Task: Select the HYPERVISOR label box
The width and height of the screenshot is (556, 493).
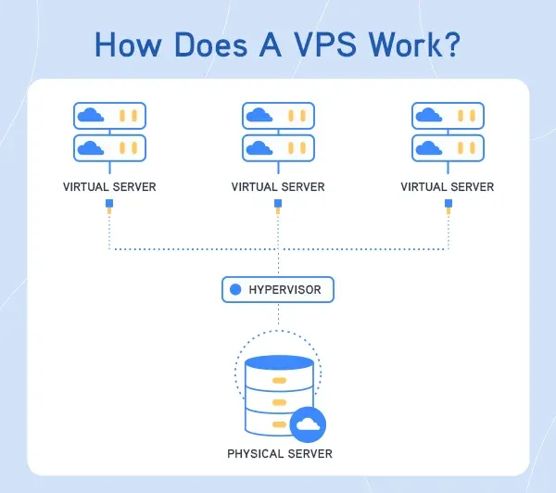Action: tap(277, 290)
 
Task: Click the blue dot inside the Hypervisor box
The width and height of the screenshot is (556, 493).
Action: tap(235, 290)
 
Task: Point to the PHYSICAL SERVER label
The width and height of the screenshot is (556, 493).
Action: tap(279, 454)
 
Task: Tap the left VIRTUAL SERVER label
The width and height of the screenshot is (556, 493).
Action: tap(109, 187)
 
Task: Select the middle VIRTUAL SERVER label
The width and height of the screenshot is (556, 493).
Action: tap(278, 187)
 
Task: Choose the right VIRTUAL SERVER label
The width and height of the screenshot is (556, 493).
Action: tap(447, 187)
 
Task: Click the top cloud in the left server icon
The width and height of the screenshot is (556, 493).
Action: tap(91, 116)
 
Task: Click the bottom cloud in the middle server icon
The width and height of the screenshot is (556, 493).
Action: tap(259, 147)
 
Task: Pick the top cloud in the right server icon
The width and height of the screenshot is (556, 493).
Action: tap(428, 116)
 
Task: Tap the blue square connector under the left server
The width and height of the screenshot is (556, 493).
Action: tap(109, 204)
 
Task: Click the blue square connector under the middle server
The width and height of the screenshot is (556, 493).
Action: tap(278, 204)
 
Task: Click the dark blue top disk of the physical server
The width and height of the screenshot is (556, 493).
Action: tap(278, 363)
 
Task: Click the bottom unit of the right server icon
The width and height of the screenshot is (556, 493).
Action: tap(447, 147)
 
